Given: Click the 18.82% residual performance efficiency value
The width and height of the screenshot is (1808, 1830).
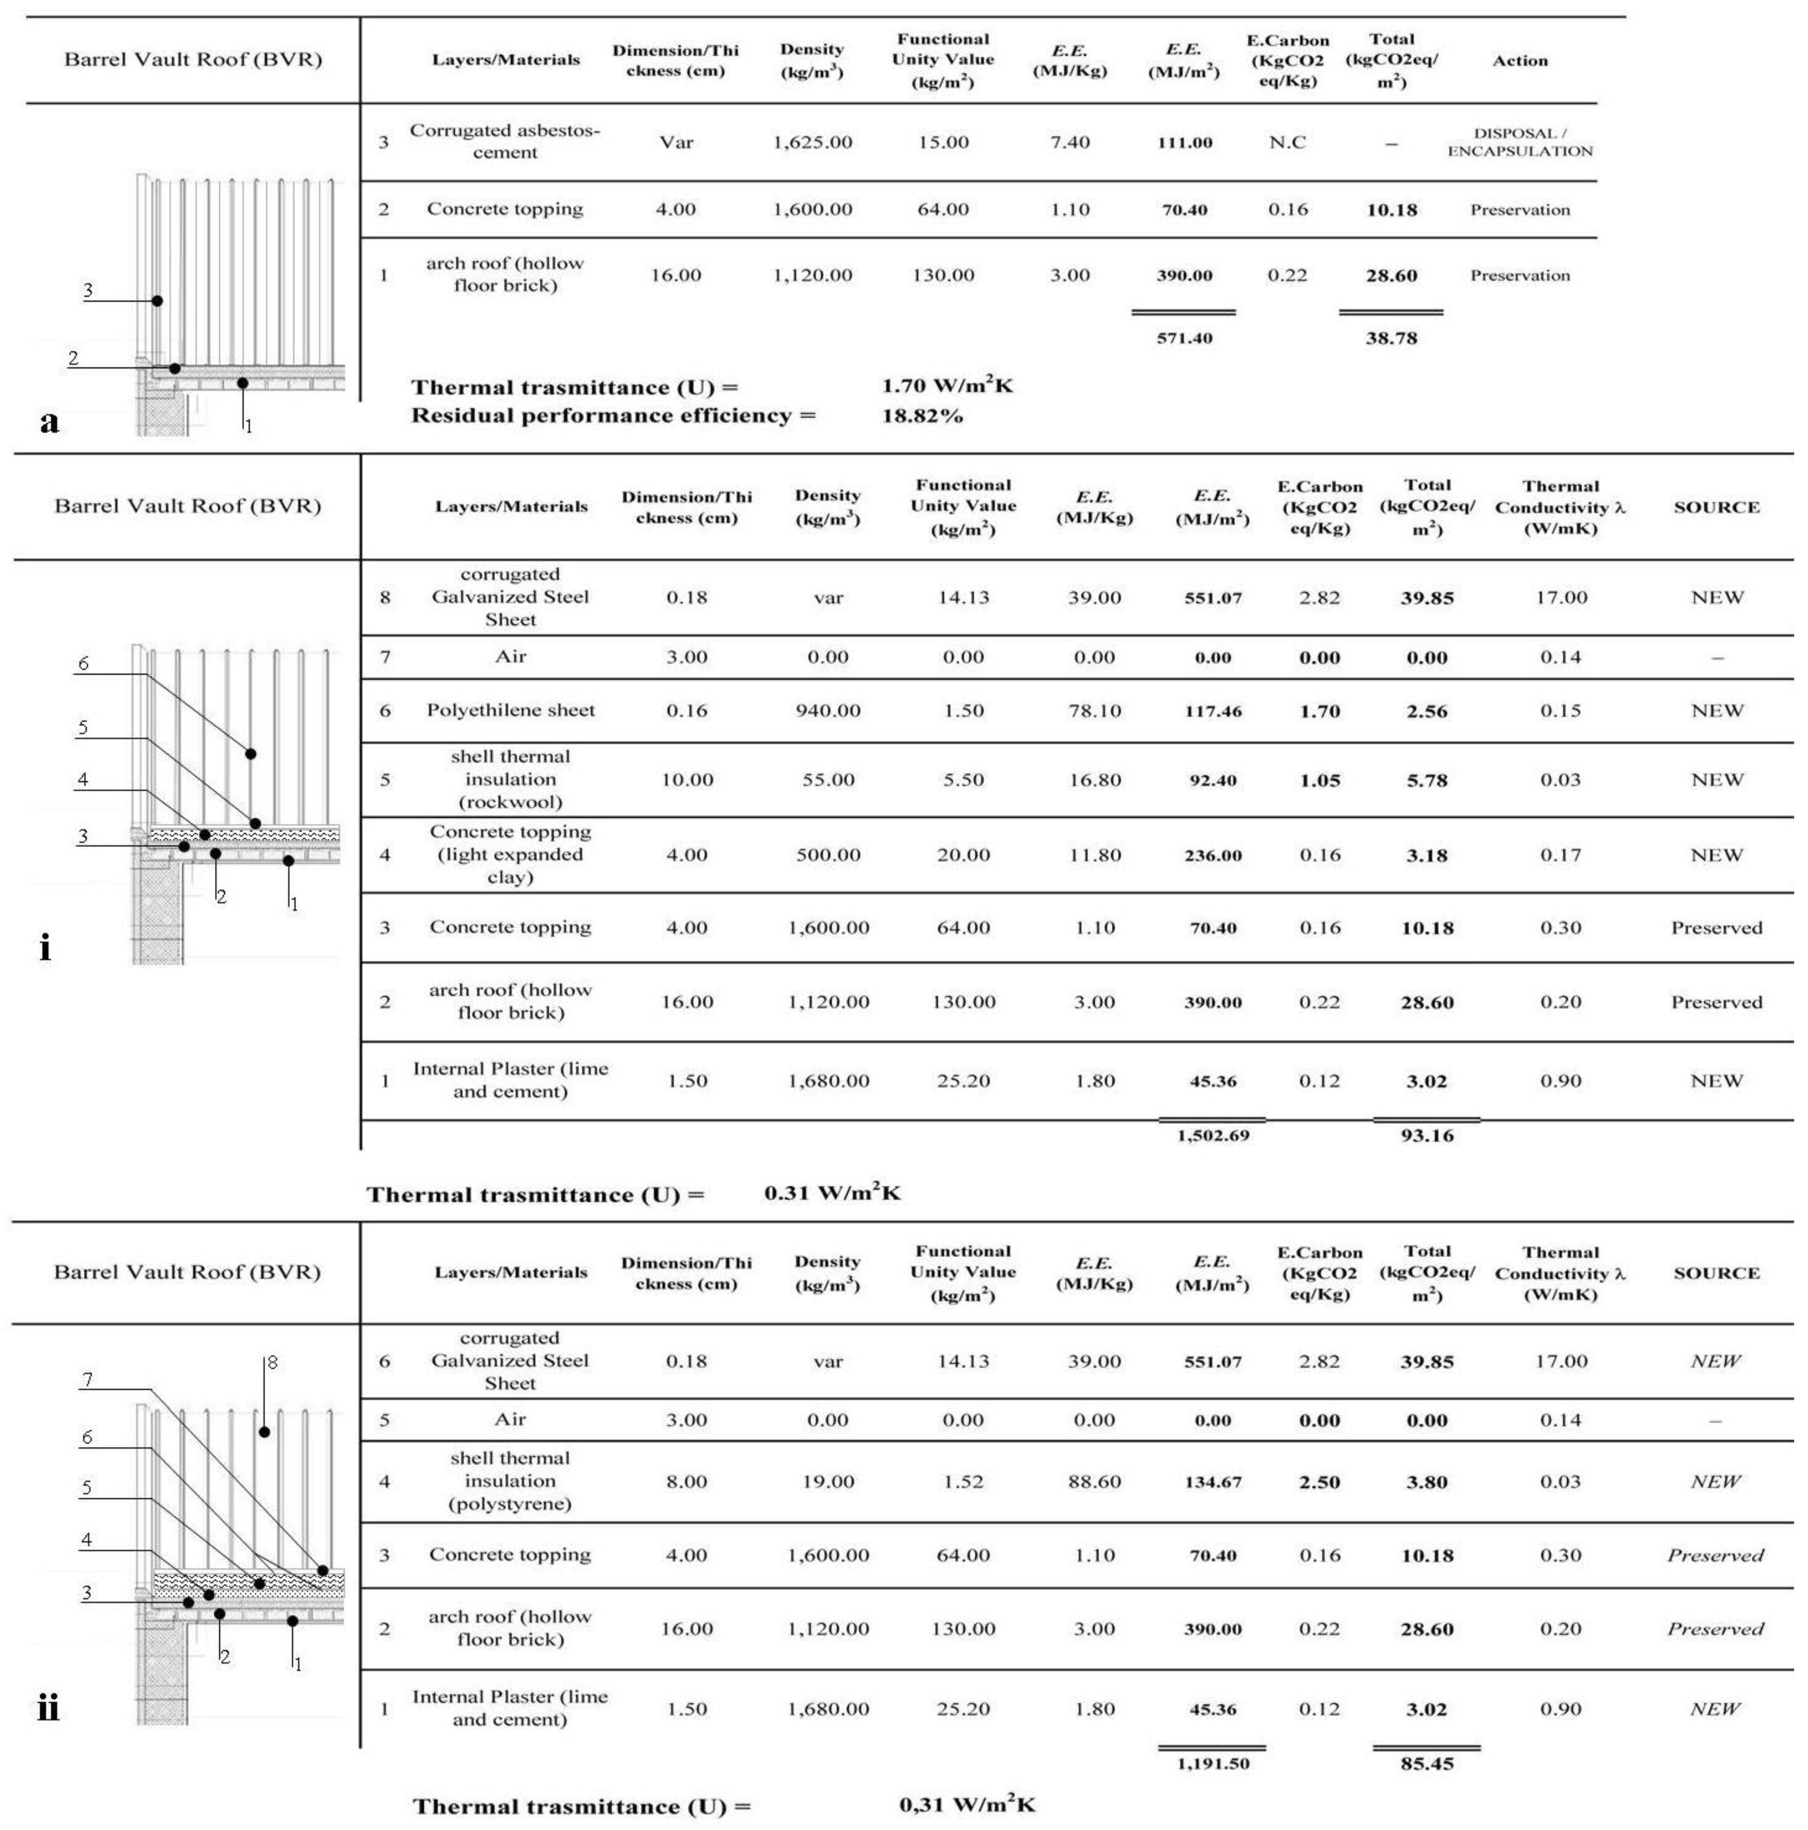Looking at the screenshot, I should (921, 416).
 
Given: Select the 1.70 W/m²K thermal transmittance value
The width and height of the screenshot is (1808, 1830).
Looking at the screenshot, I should (947, 386).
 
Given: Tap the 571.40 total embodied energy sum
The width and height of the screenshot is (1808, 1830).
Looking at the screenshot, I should (1184, 338).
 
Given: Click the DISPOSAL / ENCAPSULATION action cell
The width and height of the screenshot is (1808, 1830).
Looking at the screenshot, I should (1519, 142).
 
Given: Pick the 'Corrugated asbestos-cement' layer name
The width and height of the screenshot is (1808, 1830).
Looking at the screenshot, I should (505, 141).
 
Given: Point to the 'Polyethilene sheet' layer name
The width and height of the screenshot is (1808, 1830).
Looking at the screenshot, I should (510, 710).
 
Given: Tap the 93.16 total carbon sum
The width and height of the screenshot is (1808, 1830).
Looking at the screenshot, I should (1426, 1135).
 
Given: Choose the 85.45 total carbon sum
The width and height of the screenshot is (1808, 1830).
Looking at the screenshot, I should (1426, 1764).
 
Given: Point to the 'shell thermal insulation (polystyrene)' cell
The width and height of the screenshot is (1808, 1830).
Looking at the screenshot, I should (510, 1481).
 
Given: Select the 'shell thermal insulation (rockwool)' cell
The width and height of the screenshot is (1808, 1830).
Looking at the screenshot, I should (510, 780).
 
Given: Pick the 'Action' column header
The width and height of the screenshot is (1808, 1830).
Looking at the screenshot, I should (1519, 61).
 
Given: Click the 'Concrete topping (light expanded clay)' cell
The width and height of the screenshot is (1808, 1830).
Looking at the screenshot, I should (510, 854).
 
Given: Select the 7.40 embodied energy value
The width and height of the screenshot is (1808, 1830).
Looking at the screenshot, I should (1069, 142).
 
